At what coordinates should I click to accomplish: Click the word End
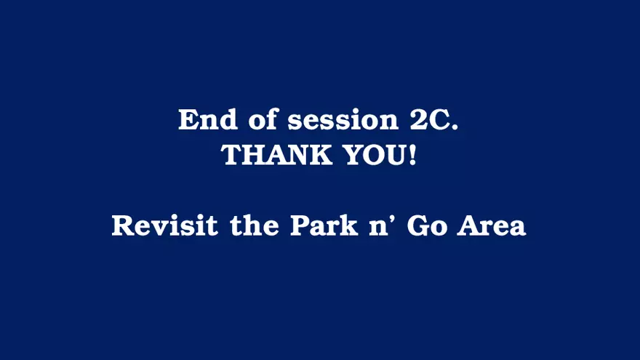pyautogui.click(x=208, y=119)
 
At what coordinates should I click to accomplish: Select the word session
pyautogui.click(x=343, y=121)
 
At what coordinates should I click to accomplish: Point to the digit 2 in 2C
pyautogui.click(x=417, y=120)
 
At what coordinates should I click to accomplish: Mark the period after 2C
pyautogui.click(x=454, y=127)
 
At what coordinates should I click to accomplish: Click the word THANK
pyautogui.click(x=276, y=155)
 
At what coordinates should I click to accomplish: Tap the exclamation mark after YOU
pyautogui.click(x=412, y=155)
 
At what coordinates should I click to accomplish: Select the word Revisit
pyautogui.click(x=165, y=225)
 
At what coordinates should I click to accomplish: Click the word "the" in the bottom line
pyautogui.click(x=255, y=225)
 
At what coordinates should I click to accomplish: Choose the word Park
pyautogui.click(x=324, y=225)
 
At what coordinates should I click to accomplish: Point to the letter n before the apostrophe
pyautogui.click(x=379, y=228)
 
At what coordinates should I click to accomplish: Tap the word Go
pyautogui.click(x=427, y=225)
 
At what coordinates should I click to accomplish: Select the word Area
pyautogui.click(x=492, y=225)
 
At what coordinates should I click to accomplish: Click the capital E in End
pyautogui.click(x=188, y=119)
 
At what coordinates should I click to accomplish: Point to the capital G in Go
pyautogui.click(x=418, y=225)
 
